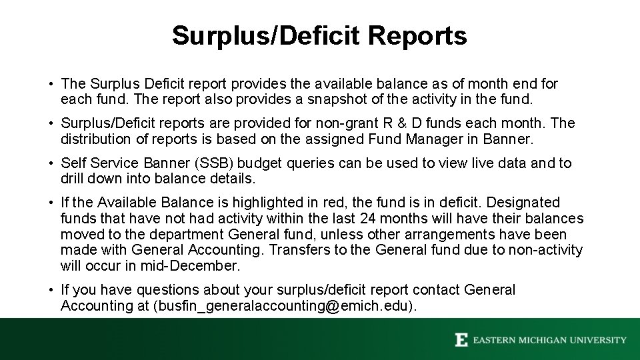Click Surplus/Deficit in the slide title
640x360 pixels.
pos(257,35)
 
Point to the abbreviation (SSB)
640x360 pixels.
pos(251,163)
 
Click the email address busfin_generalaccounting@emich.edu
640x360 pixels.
pos(285,306)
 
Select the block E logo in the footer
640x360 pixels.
pos(461,340)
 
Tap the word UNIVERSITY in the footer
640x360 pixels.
pos(601,340)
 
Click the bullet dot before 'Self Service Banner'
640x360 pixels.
pos(51,163)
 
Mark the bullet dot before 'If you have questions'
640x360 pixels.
pos(51,290)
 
